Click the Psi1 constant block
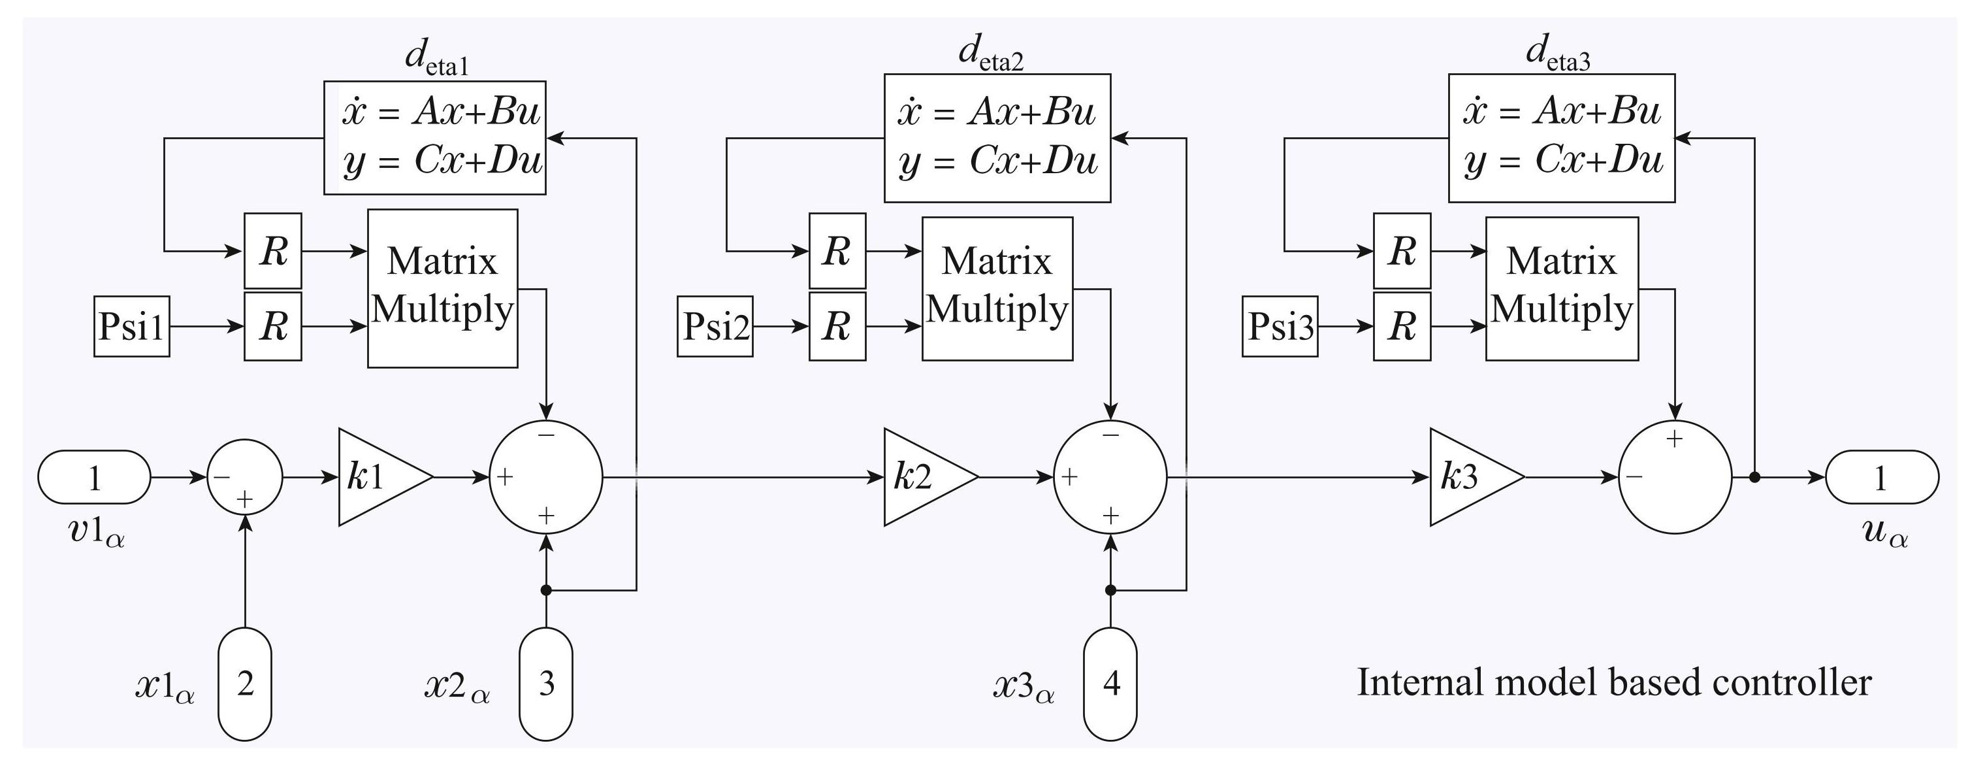pyautogui.click(x=132, y=327)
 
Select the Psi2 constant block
pyautogui.click(x=715, y=327)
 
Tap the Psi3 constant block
pyautogui.click(x=1280, y=327)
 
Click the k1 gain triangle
pyautogui.click(x=378, y=477)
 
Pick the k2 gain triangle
pyautogui.click(x=923, y=477)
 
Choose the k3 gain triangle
pyautogui.click(x=1470, y=477)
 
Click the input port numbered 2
pyautogui.click(x=245, y=684)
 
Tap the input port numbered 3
pyautogui.click(x=545, y=684)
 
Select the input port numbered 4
pyautogui.click(x=1110, y=684)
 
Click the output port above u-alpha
pyautogui.click(x=1882, y=477)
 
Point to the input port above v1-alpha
pyautogui.click(x=94, y=477)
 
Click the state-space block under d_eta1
pyautogui.click(x=434, y=137)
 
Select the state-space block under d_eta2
pyautogui.click(x=997, y=138)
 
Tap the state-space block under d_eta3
pyautogui.click(x=1562, y=138)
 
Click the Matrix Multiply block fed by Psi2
pyautogui.click(x=997, y=288)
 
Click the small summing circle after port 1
pyautogui.click(x=245, y=477)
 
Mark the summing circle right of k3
pyautogui.click(x=1675, y=477)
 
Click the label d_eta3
pyautogui.click(x=1557, y=54)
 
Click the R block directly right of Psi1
pyautogui.click(x=273, y=327)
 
